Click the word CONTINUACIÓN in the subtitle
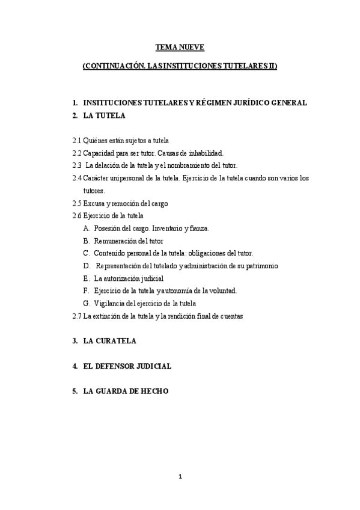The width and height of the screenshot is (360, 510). click(114, 67)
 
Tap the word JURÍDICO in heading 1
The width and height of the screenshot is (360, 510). click(242, 103)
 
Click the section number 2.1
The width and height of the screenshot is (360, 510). click(76, 140)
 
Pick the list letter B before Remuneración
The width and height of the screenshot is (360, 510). click(87, 241)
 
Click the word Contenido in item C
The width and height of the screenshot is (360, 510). click(111, 253)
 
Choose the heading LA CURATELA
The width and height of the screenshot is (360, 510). click(109, 341)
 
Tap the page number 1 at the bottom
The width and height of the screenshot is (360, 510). click(180, 477)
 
